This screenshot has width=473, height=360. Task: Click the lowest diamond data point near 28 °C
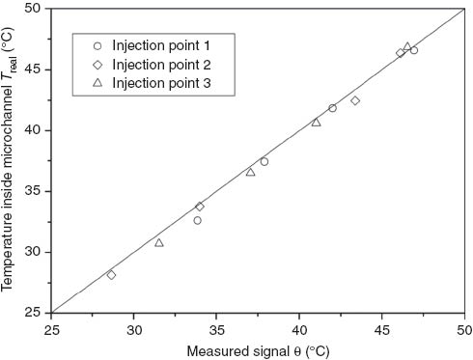(x=111, y=275)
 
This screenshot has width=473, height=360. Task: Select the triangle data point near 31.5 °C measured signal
(x=159, y=242)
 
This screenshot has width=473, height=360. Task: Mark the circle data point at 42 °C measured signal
(x=332, y=108)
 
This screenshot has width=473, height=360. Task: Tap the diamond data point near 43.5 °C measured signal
(x=355, y=100)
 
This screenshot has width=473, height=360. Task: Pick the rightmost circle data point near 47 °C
(x=414, y=50)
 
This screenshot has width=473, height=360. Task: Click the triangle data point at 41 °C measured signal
(x=316, y=123)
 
